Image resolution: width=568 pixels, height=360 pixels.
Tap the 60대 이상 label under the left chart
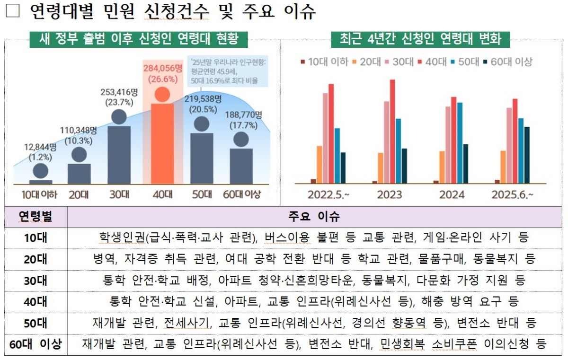pos(241,194)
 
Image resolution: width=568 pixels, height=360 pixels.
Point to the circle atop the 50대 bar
pos(202,124)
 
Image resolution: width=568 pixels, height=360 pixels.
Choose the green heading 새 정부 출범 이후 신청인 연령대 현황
pos(139,38)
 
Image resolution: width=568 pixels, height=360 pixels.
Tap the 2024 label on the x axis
pos(452,194)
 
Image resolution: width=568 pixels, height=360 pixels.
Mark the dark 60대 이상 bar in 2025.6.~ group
pos(527,155)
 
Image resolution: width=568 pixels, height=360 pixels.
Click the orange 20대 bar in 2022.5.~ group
pos(319,164)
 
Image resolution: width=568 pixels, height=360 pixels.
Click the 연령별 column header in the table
pos(36,217)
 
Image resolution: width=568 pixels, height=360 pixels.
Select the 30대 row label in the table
pos(36,281)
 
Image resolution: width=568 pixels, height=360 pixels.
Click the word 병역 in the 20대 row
pos(104,259)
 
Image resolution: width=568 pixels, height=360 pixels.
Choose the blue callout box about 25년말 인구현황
pos(227,70)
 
